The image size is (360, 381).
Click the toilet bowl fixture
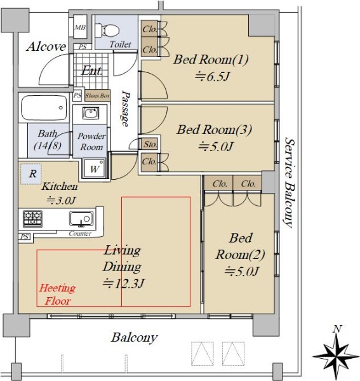point(107,30)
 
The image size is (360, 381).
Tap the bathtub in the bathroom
point(44,108)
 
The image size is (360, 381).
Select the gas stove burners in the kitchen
point(32,218)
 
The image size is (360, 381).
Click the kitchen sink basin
point(81,218)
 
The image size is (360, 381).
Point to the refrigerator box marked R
point(31,174)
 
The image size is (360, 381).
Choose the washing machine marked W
point(94,168)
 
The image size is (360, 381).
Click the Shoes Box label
point(97,96)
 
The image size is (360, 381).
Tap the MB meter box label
point(80,27)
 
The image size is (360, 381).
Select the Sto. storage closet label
point(150,144)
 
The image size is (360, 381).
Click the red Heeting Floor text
point(57,294)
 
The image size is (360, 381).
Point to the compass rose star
point(336,356)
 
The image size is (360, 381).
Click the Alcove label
point(46,46)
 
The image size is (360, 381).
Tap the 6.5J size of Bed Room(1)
point(212,77)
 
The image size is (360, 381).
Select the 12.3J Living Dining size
point(124,283)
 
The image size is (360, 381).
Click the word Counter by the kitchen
point(80,234)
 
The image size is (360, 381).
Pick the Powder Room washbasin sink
point(90,113)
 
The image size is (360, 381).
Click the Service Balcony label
point(290,183)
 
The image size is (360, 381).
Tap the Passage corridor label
point(126,109)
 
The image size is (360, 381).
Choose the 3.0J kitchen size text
point(62,201)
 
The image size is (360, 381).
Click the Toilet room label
point(120,44)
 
